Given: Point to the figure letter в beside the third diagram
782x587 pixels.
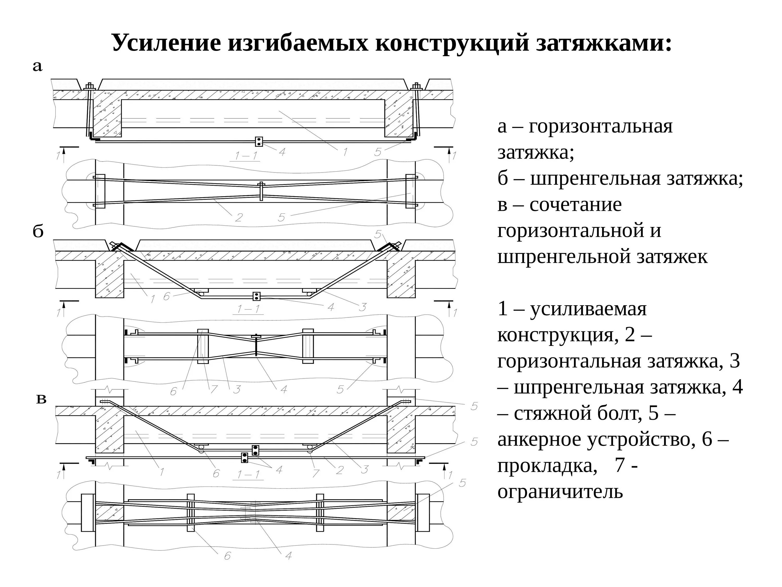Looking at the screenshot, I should tap(42, 399).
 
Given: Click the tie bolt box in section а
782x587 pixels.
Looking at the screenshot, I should tap(259, 141).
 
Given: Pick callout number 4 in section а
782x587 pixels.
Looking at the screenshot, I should tap(282, 152).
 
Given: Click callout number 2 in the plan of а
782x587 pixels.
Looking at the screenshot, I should tap(239, 217).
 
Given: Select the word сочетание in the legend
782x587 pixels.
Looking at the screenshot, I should tap(576, 205).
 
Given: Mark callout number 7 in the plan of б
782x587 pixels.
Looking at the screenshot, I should tap(214, 390).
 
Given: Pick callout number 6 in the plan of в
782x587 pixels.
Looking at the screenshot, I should tap(228, 556).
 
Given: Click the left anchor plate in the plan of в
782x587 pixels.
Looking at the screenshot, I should tap(88, 512).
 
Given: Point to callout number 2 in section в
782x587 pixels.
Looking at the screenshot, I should tap(339, 470).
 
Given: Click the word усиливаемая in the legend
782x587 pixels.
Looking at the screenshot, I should tap(589, 309).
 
